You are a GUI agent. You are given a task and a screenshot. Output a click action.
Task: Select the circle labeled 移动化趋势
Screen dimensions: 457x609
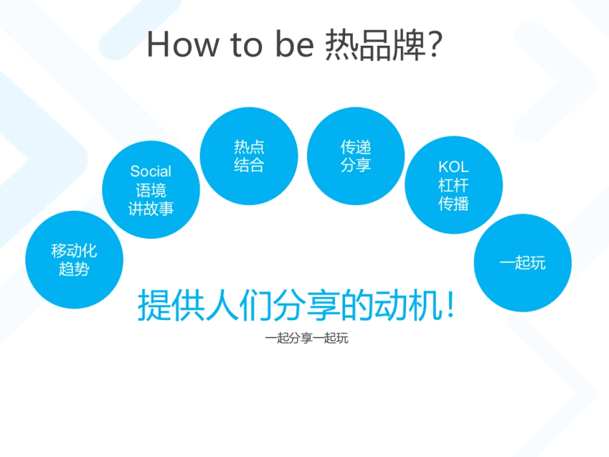(x=74, y=259)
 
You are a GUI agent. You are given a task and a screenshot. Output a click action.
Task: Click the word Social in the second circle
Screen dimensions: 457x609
(x=151, y=171)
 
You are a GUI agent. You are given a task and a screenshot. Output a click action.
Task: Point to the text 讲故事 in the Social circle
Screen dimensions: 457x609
(x=151, y=209)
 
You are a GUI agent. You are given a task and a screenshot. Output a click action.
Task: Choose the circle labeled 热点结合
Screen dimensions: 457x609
(x=249, y=156)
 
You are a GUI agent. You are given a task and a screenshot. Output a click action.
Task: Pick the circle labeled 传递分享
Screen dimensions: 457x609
(x=356, y=156)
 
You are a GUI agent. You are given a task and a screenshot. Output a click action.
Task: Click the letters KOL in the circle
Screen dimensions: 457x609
(x=453, y=167)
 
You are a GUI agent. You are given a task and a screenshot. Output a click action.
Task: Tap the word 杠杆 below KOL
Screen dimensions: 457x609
(x=453, y=185)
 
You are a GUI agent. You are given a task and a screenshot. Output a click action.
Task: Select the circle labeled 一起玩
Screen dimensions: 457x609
(x=523, y=263)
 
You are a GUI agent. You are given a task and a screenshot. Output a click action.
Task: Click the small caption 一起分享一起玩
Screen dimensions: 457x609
(x=307, y=338)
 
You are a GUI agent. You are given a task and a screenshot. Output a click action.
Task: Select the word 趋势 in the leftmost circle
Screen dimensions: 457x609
(x=74, y=269)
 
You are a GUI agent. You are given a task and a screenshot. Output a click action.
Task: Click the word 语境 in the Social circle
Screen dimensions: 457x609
(x=151, y=190)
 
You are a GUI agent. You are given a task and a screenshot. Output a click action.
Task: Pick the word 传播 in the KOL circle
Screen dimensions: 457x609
(x=453, y=204)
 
